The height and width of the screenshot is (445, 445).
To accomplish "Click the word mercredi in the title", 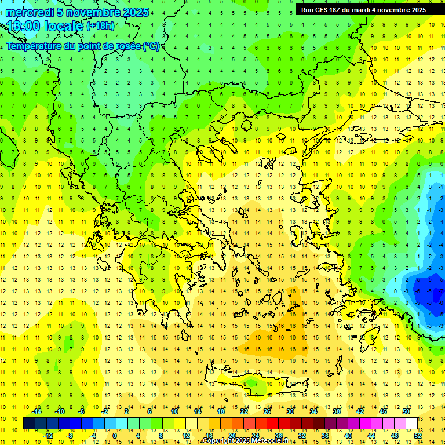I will [30, 12].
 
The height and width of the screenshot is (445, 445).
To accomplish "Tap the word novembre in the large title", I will [93, 12].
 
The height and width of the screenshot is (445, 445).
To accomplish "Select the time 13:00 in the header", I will [24, 27].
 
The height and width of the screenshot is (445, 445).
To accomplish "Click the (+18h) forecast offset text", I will [100, 26].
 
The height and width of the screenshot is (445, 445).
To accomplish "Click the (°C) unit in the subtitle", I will [151, 46].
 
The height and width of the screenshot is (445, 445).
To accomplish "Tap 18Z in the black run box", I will [334, 10].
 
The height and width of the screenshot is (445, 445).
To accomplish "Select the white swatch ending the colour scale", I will [412, 424].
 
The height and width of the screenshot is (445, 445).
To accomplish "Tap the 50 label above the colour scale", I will [406, 411].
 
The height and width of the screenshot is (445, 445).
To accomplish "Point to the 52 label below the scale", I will [418, 436].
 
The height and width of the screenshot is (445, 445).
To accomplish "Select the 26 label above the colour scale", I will [267, 411].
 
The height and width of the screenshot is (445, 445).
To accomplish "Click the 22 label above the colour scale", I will [244, 411].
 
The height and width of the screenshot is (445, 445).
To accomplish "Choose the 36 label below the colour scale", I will [325, 436].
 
